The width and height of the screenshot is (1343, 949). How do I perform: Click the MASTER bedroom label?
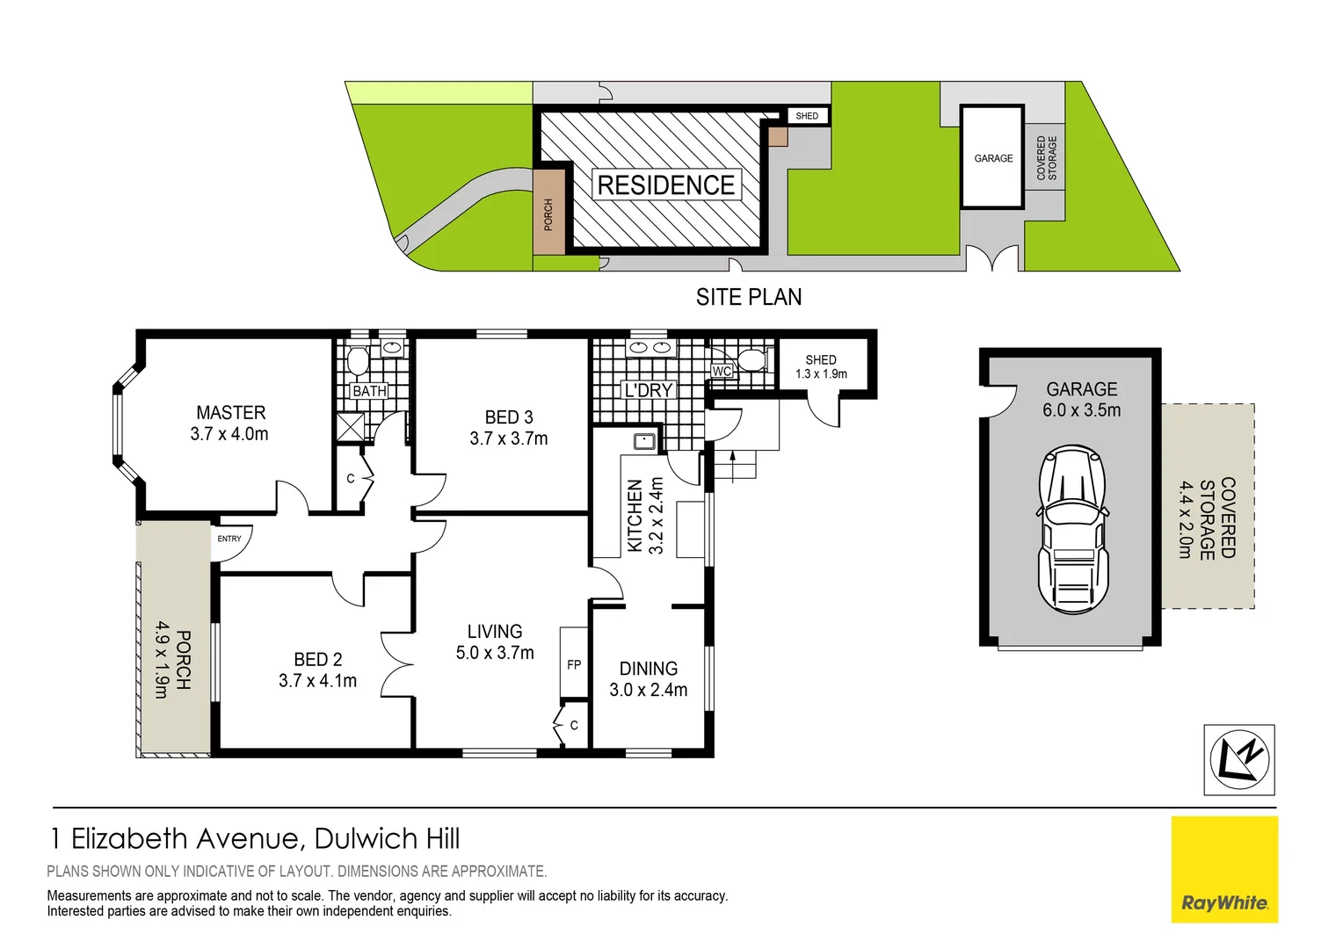(230, 412)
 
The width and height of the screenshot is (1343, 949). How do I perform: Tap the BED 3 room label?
(509, 417)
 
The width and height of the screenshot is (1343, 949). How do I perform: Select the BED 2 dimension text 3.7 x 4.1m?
(317, 681)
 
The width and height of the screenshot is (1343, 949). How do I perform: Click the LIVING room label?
(495, 631)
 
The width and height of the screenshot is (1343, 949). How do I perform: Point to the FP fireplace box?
(574, 664)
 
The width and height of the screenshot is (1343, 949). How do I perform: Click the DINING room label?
(649, 669)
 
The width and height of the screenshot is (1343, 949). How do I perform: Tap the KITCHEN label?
(635, 516)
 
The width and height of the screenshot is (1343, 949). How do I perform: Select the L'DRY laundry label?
(648, 390)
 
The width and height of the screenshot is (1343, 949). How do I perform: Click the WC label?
(722, 372)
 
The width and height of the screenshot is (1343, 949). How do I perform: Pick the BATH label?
(369, 391)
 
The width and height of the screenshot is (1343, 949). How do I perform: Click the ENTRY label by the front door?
(229, 539)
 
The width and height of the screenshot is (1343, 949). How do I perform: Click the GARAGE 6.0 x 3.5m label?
(1081, 400)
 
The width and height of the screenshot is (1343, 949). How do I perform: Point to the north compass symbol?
(1239, 760)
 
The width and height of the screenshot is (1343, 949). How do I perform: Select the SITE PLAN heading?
(749, 298)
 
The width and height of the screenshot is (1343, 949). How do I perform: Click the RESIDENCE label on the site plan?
(666, 185)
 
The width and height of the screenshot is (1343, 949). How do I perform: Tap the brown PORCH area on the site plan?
(548, 214)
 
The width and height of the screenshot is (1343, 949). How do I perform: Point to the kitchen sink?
(645, 441)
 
